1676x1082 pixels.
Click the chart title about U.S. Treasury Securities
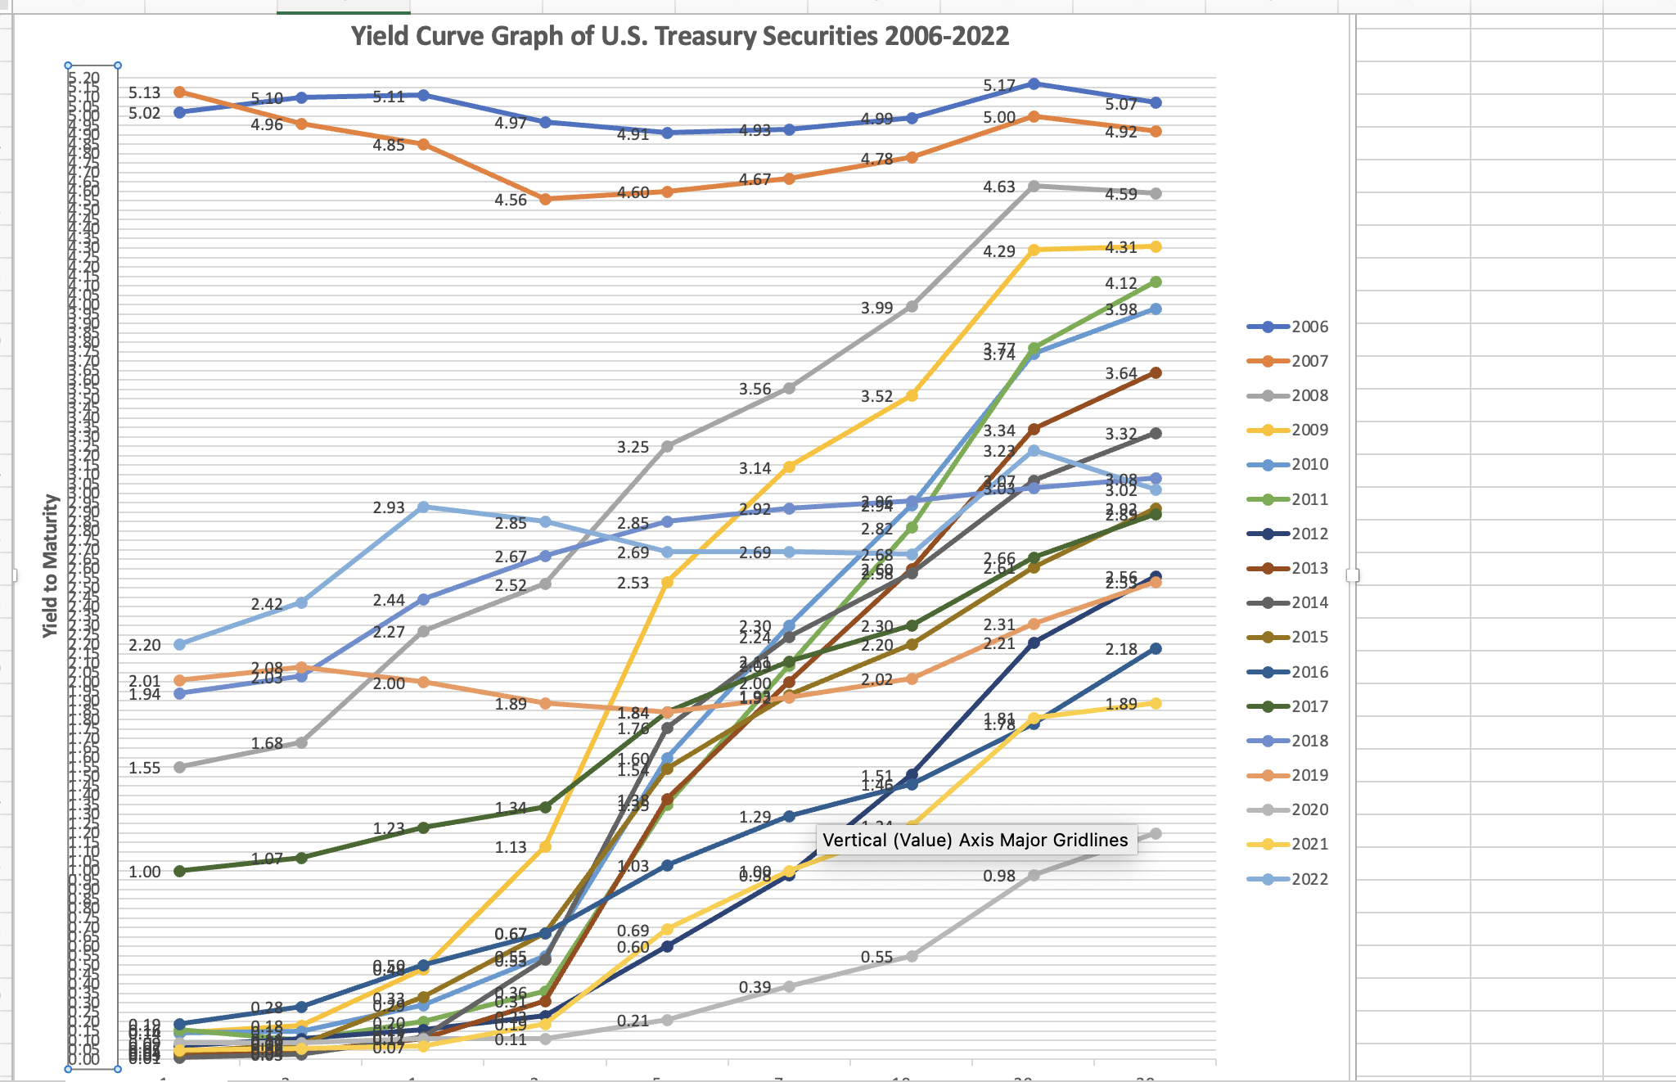click(679, 37)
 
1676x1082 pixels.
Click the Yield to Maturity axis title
click(51, 566)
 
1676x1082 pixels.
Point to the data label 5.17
click(999, 85)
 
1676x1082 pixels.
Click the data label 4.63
click(999, 187)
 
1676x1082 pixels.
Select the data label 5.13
click(144, 93)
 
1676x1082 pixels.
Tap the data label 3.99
click(876, 308)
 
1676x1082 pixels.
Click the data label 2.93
click(389, 507)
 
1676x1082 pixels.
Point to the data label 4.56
click(511, 200)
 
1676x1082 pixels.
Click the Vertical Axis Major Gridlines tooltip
click(975, 840)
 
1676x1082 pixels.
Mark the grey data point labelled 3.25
click(667, 446)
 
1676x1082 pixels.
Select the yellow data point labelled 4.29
click(1034, 250)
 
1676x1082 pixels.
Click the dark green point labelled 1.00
click(180, 871)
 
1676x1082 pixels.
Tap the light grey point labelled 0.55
click(912, 956)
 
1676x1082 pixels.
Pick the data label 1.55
click(144, 768)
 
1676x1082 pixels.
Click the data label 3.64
click(1120, 373)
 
